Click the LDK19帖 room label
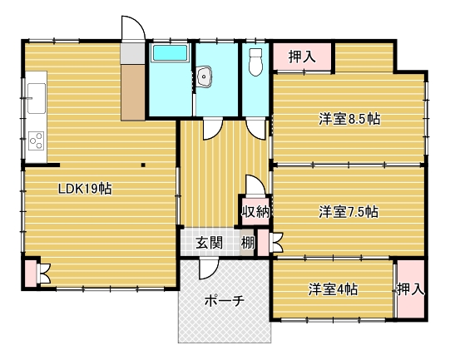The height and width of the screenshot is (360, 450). coord(85,189)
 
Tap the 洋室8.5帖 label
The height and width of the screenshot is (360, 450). coord(349,119)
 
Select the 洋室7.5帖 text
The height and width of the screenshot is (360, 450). coord(349,212)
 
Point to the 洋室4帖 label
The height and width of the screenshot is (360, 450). coord(333,289)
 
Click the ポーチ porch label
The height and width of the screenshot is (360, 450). coord(225,301)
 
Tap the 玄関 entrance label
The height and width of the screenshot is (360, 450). coord(210,244)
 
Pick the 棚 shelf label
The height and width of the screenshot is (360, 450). coord(247,244)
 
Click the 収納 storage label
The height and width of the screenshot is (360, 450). coord(255,212)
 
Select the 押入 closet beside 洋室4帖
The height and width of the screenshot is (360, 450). coord(411,289)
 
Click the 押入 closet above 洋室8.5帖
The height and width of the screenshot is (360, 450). coord(302,57)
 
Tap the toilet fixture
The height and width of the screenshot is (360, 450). coord(255,62)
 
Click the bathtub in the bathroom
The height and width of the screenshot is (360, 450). coord(170,52)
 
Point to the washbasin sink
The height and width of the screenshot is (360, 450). coord(204,76)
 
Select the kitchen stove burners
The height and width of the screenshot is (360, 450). coord(37,141)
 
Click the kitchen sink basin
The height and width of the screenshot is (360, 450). coord(36,98)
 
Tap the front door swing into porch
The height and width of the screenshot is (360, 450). coord(209,269)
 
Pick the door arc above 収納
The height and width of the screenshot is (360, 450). coord(255,185)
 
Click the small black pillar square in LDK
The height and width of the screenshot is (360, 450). coord(143,165)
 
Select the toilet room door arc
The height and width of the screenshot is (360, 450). coord(255,129)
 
